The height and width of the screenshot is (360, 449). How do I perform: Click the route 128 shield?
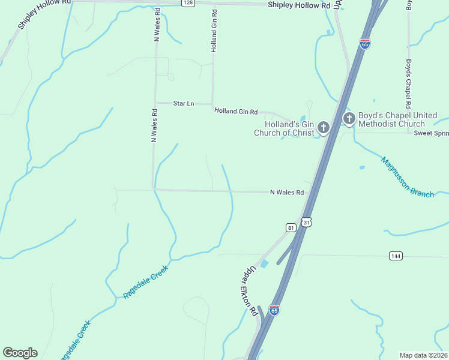188,3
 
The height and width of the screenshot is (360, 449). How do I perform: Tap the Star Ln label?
183,104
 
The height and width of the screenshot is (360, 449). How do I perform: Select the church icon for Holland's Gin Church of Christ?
324,127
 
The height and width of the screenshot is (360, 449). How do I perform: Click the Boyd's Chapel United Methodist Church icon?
349,119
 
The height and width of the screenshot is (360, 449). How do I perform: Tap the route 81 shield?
291,228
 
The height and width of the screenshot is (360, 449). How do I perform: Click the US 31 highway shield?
306,222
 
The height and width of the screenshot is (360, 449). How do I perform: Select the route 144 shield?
395,256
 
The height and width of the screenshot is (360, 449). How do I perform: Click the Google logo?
20,353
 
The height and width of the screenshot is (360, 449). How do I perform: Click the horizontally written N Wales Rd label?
286,193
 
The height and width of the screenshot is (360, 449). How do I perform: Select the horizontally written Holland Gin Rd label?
236,112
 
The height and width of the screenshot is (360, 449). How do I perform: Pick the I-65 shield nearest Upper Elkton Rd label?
274,310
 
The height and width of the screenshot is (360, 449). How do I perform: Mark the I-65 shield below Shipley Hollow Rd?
365,43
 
